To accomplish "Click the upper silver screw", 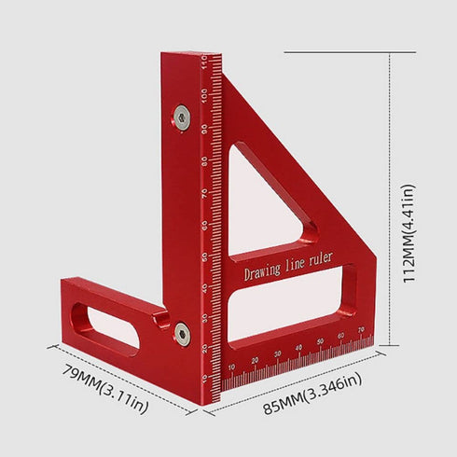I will pos(181,117).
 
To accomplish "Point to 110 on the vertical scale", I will pos(203,63).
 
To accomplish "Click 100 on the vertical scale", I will pos(203,94).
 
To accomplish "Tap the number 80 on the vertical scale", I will pos(203,161).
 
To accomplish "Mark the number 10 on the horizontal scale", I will pos(231,367).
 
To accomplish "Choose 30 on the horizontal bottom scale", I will pos(278,354).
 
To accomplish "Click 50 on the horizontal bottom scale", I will pos(322,342).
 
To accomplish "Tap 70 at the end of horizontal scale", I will pos(360,331).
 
